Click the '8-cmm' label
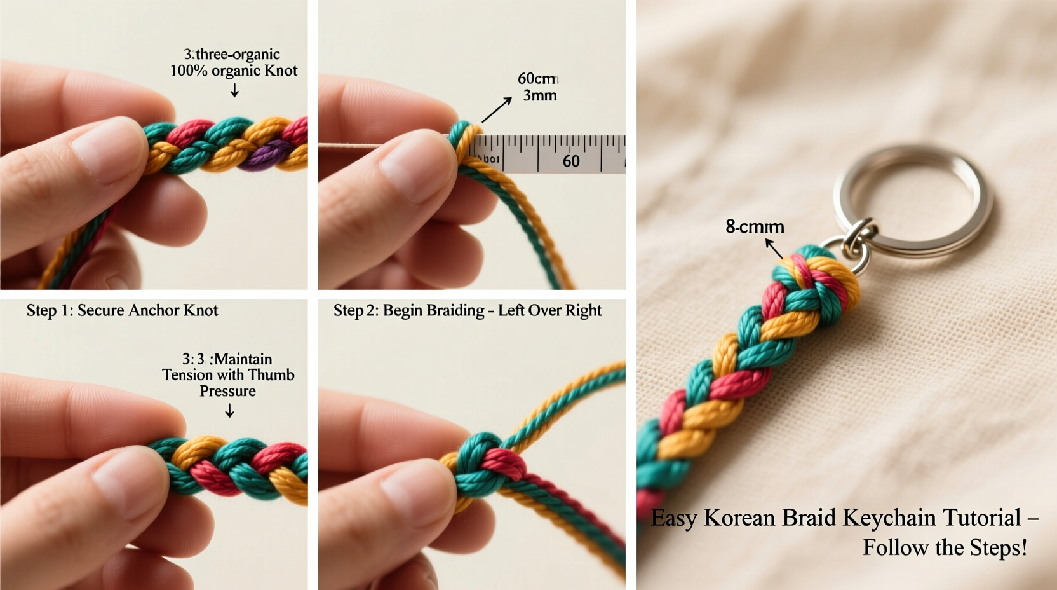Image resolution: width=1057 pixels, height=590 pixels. [755, 227]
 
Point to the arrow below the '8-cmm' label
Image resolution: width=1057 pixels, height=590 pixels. [774, 248]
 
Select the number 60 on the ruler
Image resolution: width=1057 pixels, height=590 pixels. [570, 161]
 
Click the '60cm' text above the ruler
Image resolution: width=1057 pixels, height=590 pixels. [537, 79]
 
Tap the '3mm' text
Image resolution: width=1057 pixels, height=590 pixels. [539, 95]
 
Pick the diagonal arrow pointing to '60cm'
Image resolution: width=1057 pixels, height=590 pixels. [497, 109]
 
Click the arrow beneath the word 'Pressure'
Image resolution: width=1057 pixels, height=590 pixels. [229, 411]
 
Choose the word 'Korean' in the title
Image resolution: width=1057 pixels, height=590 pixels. [739, 518]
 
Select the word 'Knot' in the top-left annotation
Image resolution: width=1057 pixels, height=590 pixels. [281, 71]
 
